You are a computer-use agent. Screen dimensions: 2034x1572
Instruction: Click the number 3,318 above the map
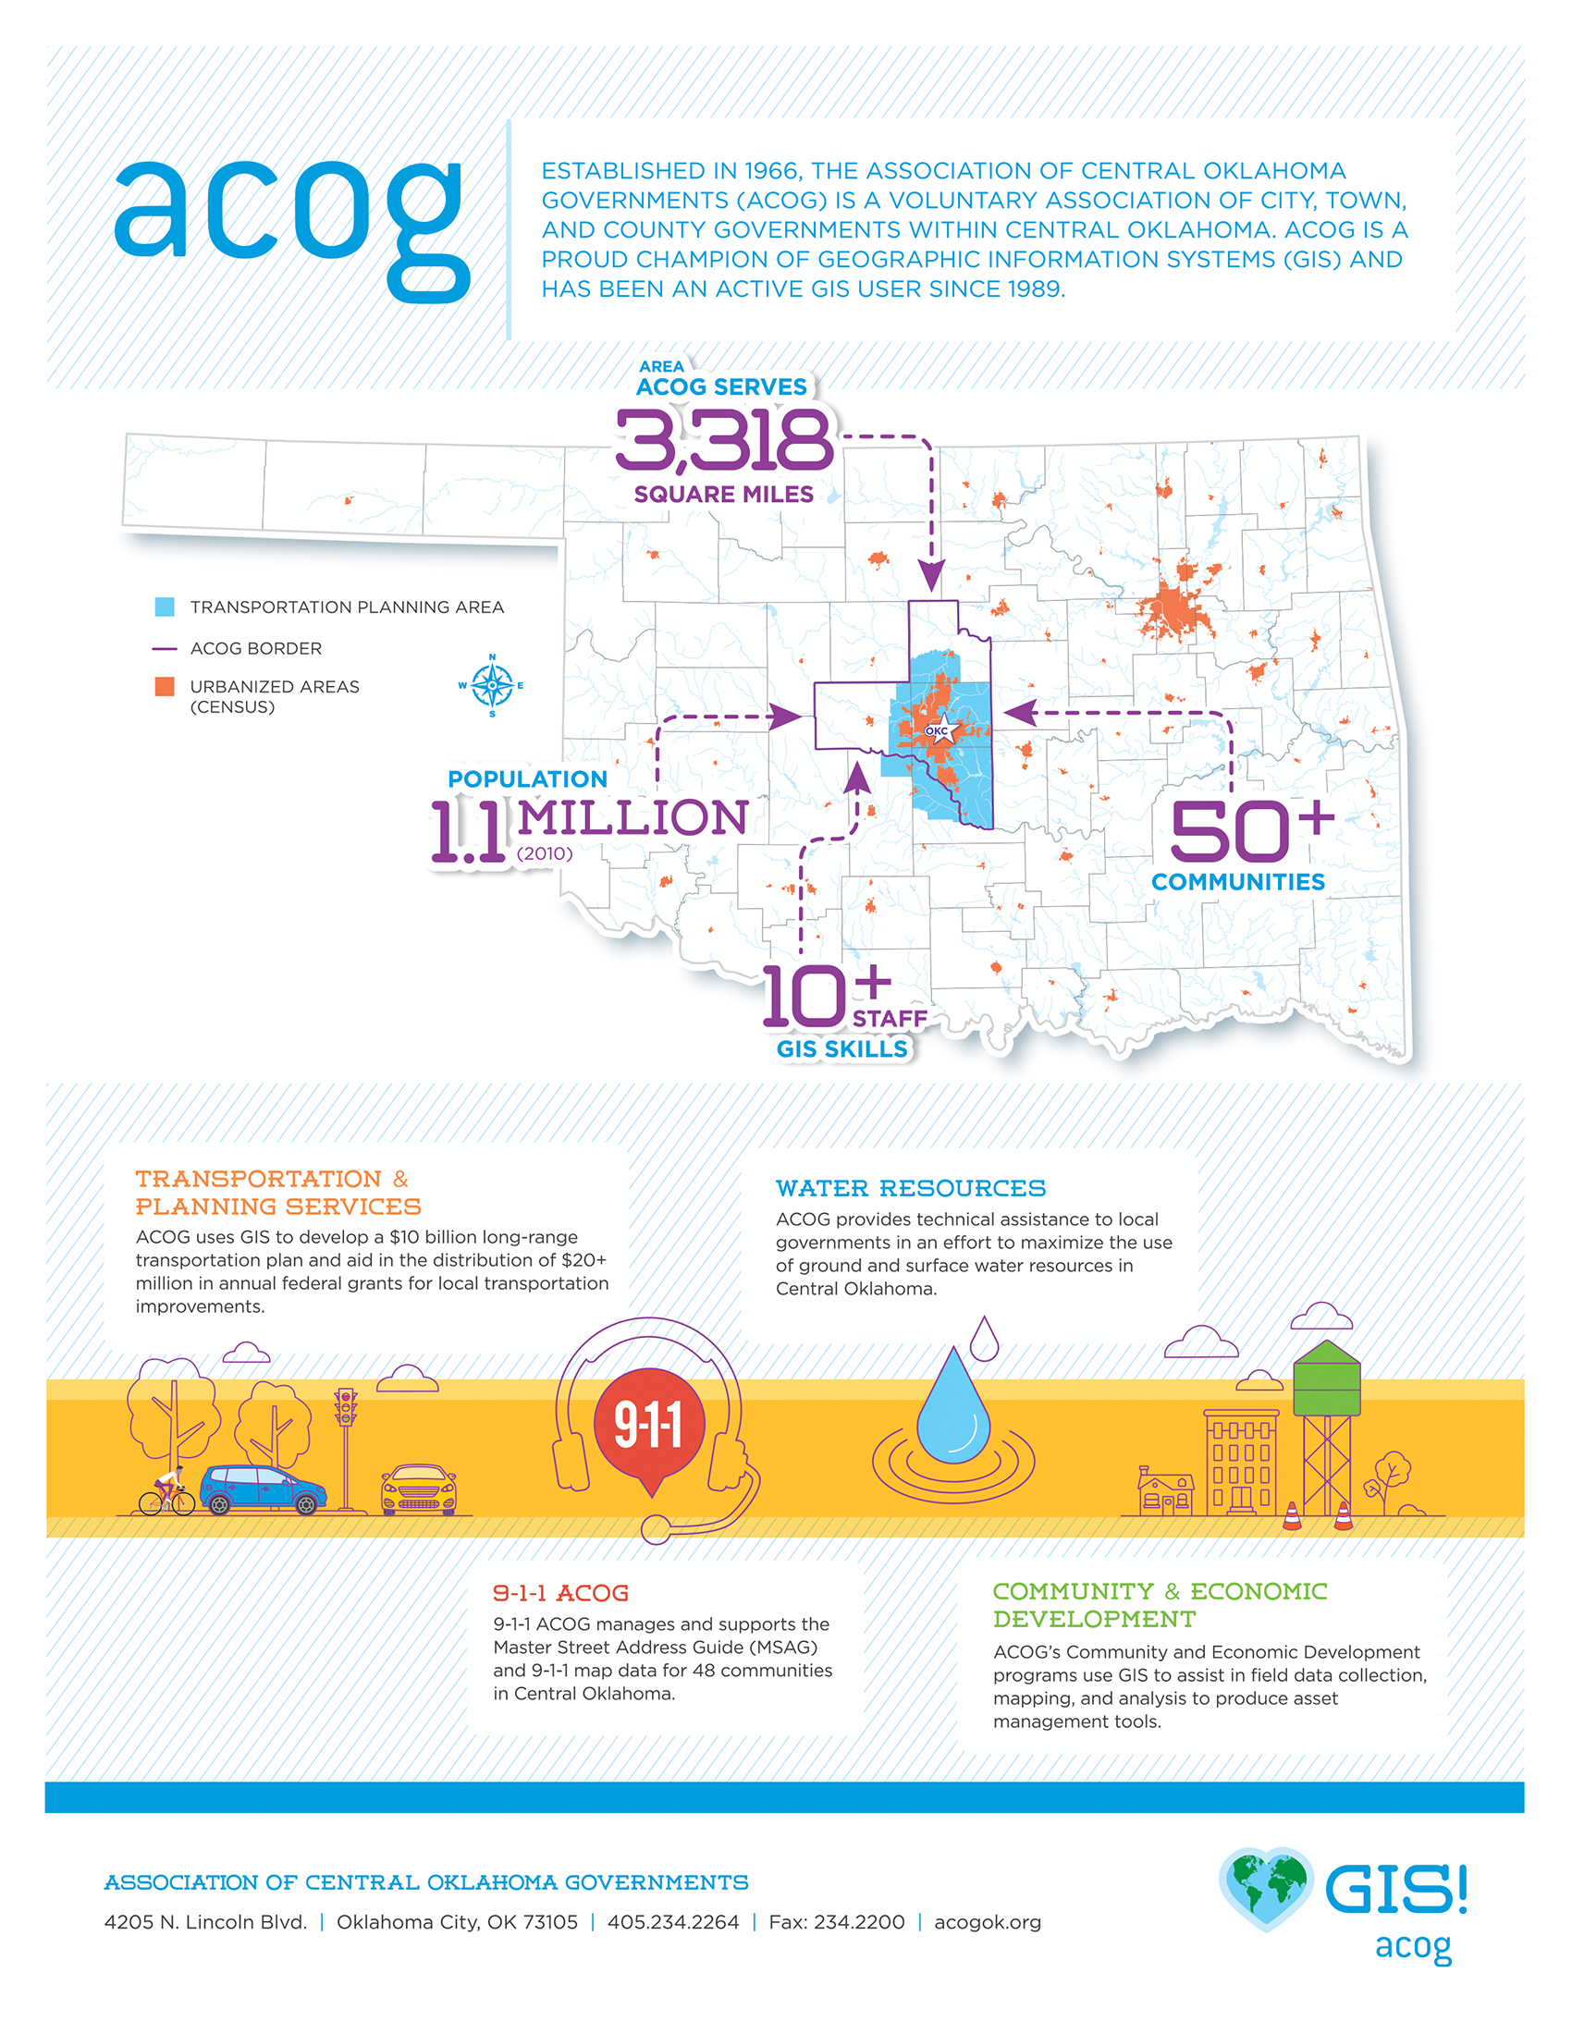pos(724,439)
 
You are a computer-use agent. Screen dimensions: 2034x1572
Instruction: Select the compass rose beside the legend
pos(492,685)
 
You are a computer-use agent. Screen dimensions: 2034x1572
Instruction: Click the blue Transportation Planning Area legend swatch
pos(165,607)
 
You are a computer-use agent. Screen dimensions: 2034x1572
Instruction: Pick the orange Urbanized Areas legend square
pos(165,686)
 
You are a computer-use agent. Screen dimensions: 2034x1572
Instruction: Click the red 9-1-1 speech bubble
pos(650,1426)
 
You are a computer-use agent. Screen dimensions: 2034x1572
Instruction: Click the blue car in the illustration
pos(263,1489)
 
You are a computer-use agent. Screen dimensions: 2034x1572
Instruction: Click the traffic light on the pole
pos(346,1406)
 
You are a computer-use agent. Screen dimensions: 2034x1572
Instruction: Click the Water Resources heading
pos(910,1188)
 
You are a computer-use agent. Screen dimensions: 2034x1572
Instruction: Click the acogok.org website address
pos(988,1922)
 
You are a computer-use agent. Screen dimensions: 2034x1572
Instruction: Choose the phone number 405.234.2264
pos(672,1922)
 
